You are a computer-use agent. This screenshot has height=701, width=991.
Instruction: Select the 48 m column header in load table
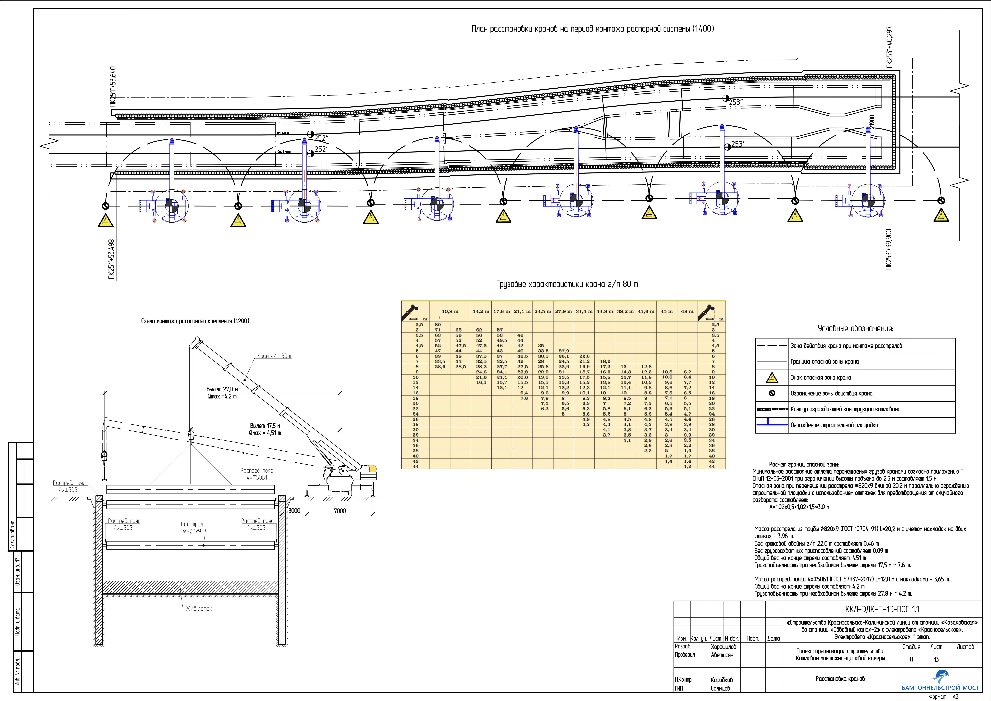tap(687, 311)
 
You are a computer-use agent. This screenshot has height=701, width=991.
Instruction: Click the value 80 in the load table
tap(438, 325)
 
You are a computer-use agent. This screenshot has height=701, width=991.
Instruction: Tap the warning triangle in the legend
tap(772, 378)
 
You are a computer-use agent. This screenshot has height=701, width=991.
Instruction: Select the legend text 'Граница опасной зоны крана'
tap(824, 362)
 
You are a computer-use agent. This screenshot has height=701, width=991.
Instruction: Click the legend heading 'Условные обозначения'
tap(855, 329)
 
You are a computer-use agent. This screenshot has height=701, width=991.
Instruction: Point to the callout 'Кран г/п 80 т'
tap(275, 356)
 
